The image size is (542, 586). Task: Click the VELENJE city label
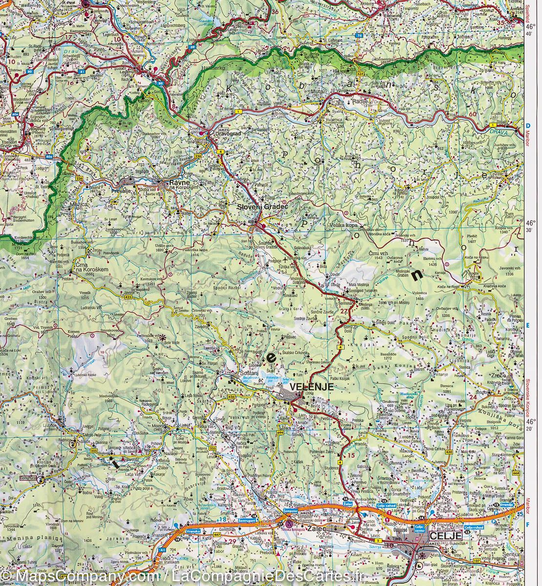click(311, 386)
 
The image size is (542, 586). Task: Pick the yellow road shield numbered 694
click(280, 432)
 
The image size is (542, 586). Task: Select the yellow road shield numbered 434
click(360, 74)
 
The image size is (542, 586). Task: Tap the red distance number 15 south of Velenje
click(352, 455)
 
